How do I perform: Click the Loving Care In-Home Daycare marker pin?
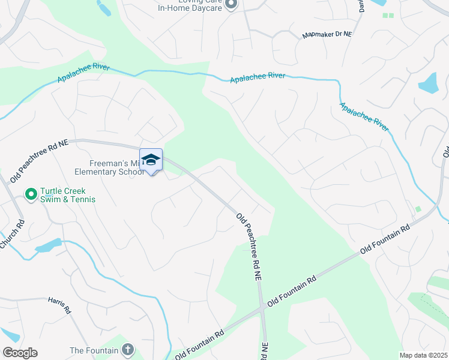(232, 4)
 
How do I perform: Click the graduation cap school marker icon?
(151, 160)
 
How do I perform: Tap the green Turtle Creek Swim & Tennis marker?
(29, 194)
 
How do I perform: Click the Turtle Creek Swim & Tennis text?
(68, 195)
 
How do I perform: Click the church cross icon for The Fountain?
(127, 349)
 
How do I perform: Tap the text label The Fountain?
(93, 350)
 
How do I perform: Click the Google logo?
(20, 353)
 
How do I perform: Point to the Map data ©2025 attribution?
(423, 355)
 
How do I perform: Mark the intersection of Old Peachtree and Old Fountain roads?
(262, 310)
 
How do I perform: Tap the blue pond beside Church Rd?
(48, 245)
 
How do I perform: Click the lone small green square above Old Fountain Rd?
(418, 209)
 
